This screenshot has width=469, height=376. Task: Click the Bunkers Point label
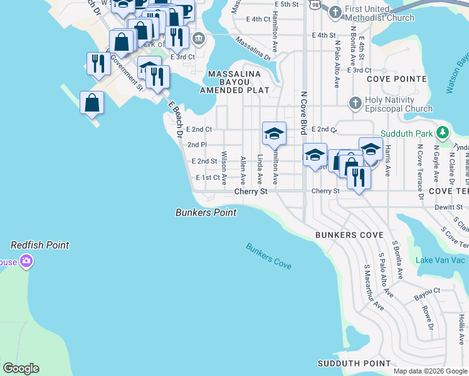(x=206, y=212)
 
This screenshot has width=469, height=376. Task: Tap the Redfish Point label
(x=40, y=245)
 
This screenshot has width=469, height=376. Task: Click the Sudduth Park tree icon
(x=443, y=133)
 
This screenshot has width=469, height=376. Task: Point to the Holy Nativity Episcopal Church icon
(x=355, y=103)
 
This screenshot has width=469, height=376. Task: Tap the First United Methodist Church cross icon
(x=335, y=12)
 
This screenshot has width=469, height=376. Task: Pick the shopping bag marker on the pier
(x=92, y=104)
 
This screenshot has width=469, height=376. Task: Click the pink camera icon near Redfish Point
(x=26, y=263)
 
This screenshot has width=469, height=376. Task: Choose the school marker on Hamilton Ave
(x=274, y=134)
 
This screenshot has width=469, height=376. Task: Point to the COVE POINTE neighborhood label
(x=396, y=80)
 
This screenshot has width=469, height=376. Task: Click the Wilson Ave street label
(x=224, y=167)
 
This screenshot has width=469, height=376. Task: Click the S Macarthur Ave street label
(x=374, y=287)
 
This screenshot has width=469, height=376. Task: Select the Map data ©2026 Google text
(x=430, y=371)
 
